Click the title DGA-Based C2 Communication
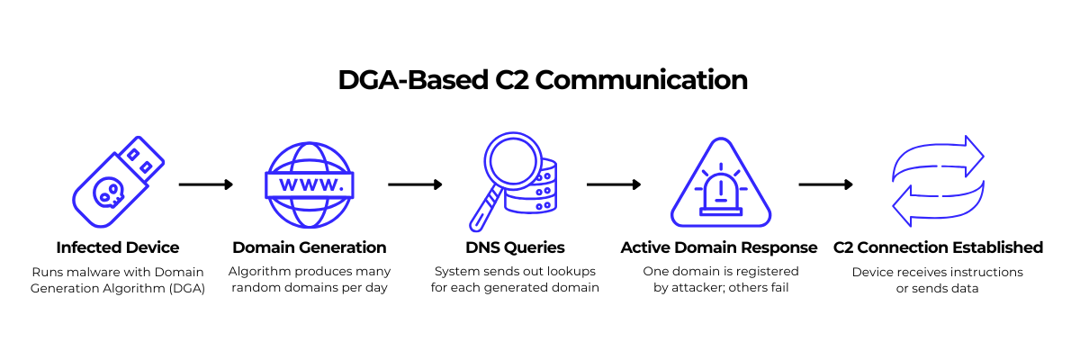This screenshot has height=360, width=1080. pyautogui.click(x=543, y=80)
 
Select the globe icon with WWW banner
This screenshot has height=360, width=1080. pyautogui.click(x=309, y=184)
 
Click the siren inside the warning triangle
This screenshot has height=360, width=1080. pyautogui.click(x=719, y=191)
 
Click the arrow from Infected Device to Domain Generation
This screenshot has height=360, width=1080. pyautogui.click(x=205, y=184)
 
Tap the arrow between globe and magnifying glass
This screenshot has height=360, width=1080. pyautogui.click(x=415, y=184)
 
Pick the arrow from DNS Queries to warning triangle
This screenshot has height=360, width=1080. pyautogui.click(x=614, y=184)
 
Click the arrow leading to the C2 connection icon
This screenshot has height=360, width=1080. pyautogui.click(x=826, y=184)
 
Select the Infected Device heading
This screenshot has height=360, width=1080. pyautogui.click(x=118, y=247)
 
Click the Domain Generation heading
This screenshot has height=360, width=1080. pyautogui.click(x=310, y=247)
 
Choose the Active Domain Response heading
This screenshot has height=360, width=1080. pyautogui.click(x=719, y=247)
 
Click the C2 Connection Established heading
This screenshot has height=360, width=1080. pyautogui.click(x=938, y=247)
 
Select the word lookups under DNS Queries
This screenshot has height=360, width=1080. pyautogui.click(x=571, y=271)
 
